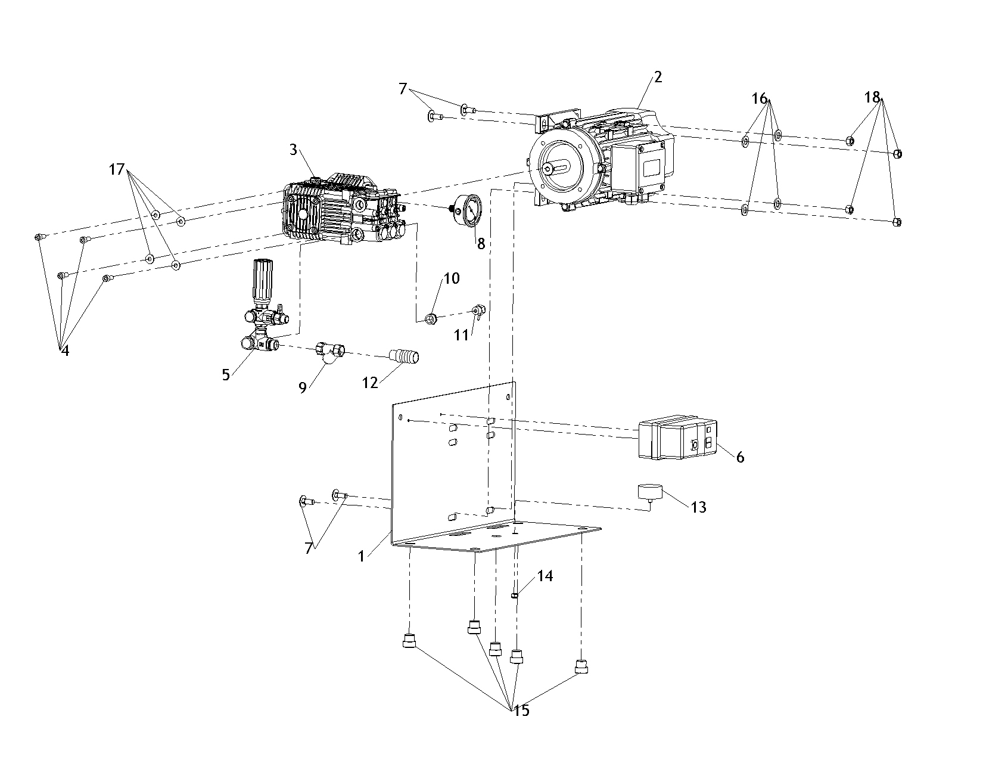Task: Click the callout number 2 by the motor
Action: [658, 77]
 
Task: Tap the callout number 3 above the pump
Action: [293, 150]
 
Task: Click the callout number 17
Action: [117, 170]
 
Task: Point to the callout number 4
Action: [65, 351]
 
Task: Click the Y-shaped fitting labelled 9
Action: [331, 351]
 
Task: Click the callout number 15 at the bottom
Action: [521, 711]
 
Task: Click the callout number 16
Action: [760, 99]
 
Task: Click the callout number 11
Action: [462, 336]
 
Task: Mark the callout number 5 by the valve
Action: [226, 374]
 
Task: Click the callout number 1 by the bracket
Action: [361, 556]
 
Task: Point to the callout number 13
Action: [698, 507]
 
